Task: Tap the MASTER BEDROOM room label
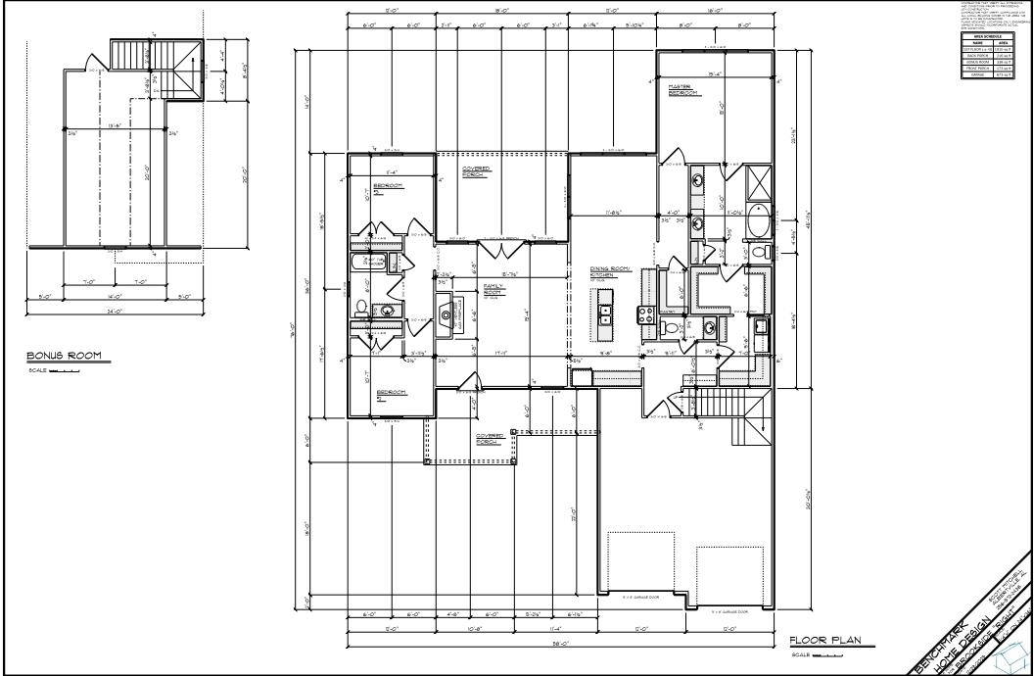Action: [x=681, y=89]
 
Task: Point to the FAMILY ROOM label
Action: [x=493, y=290]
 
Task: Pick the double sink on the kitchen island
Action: [x=605, y=314]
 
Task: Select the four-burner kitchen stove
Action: [x=646, y=314]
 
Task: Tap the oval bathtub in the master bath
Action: [x=755, y=224]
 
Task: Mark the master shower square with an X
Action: [x=758, y=183]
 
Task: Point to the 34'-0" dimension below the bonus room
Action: [x=116, y=312]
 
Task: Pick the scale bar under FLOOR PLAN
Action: [x=827, y=653]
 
